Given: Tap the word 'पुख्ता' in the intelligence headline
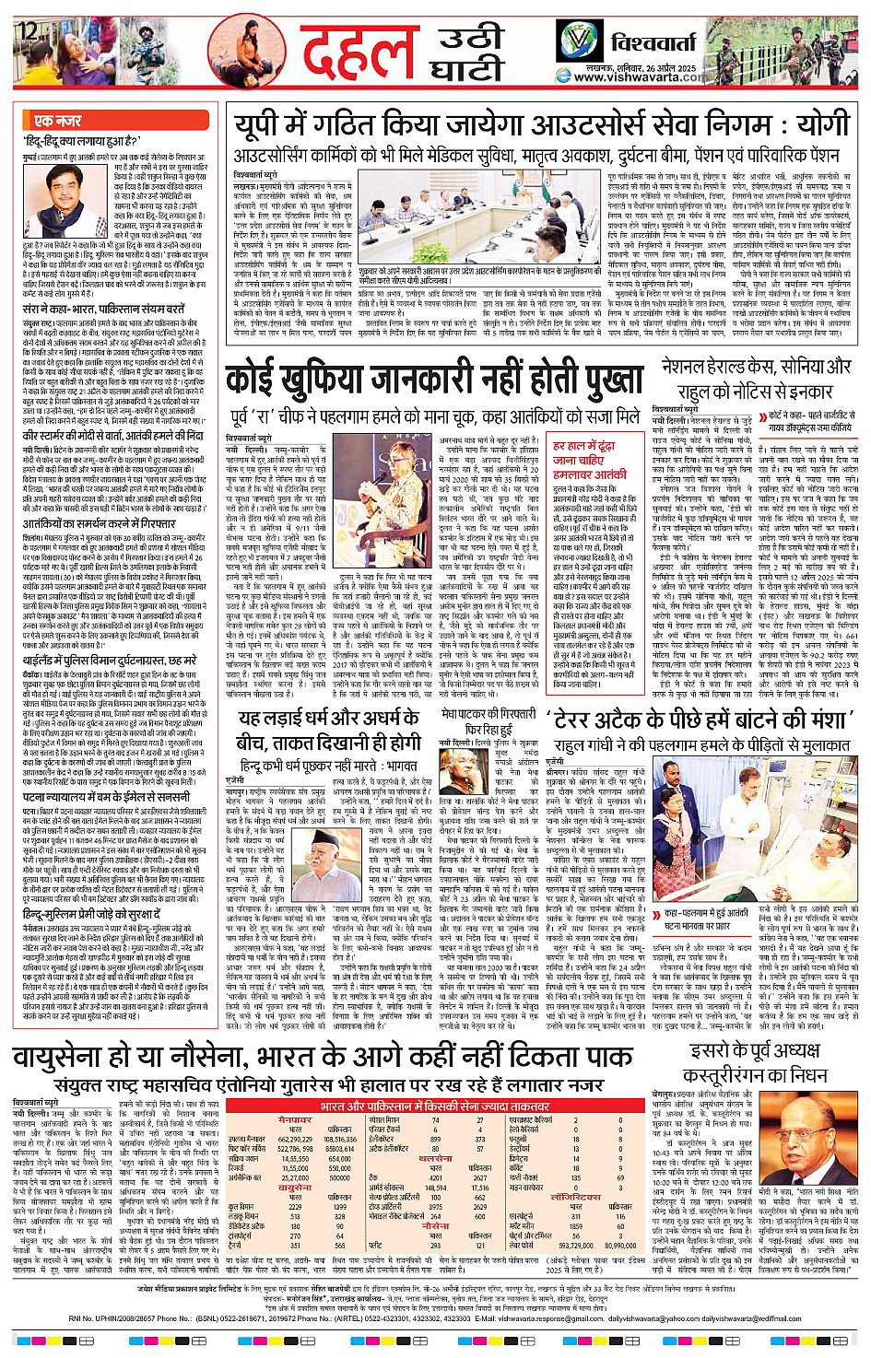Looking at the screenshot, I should click(594, 381).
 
